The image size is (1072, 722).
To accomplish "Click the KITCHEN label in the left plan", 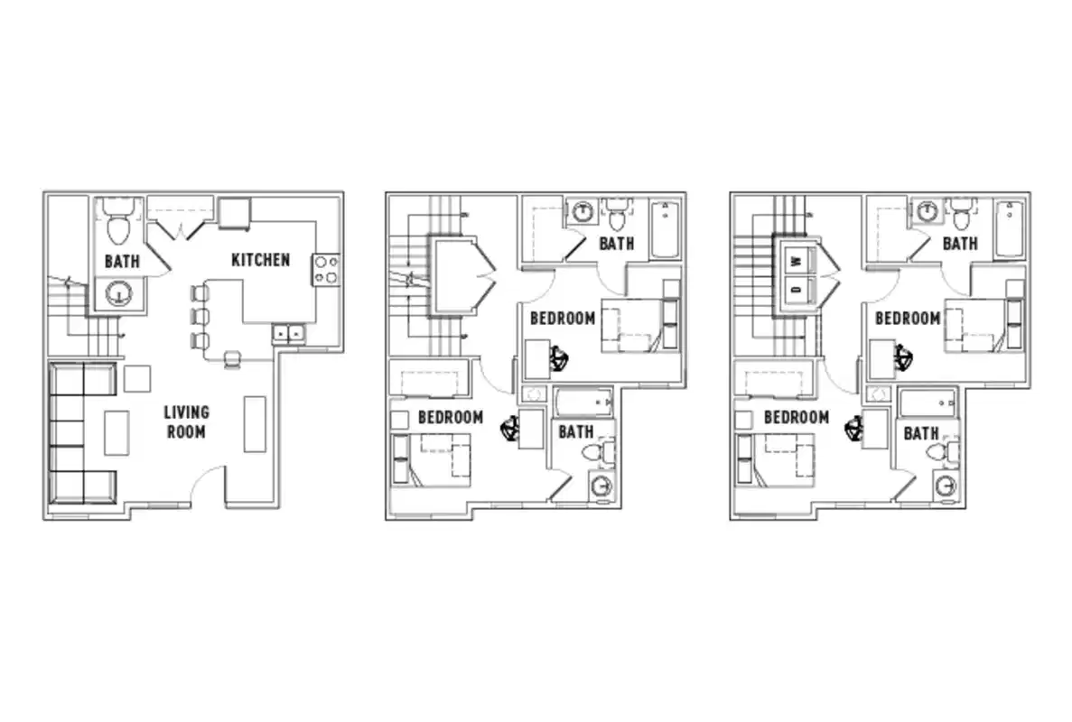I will coord(261,260).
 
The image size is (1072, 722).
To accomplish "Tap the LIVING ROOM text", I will coord(186,421).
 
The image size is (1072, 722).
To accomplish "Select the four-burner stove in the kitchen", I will coord(325,269).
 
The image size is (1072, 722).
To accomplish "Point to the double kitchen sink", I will coord(289,334).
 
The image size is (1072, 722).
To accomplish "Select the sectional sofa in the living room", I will coord(81,433).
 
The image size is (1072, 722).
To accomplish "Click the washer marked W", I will coord(797,261).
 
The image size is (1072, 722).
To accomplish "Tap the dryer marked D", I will coord(797,290).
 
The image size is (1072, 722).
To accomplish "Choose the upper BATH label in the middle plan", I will coord(617,243).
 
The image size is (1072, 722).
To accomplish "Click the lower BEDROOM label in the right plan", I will coord(796,417).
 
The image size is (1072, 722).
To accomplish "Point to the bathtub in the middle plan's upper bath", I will coord(665,229).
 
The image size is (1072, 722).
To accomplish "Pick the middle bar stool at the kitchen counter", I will coord(199,317).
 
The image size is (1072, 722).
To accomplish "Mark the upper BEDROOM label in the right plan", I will coord(907,318).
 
